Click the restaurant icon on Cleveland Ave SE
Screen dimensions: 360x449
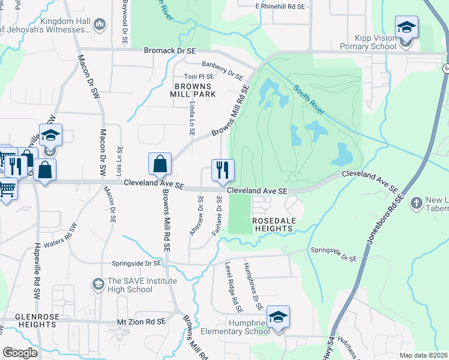(223, 169)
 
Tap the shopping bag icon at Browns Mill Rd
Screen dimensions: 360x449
(160, 163)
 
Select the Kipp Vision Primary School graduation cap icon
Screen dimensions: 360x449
(406, 27)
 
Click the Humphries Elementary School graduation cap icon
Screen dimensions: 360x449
(278, 317)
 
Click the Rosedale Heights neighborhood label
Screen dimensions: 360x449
(276, 225)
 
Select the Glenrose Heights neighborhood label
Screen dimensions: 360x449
(28, 320)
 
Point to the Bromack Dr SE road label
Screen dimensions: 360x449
(170, 51)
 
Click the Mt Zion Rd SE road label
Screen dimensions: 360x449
(141, 322)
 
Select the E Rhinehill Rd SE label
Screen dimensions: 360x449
(280, 6)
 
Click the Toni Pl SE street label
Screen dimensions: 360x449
(199, 77)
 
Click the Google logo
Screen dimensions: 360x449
(20, 353)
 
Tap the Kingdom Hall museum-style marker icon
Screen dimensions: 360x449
(99, 25)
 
